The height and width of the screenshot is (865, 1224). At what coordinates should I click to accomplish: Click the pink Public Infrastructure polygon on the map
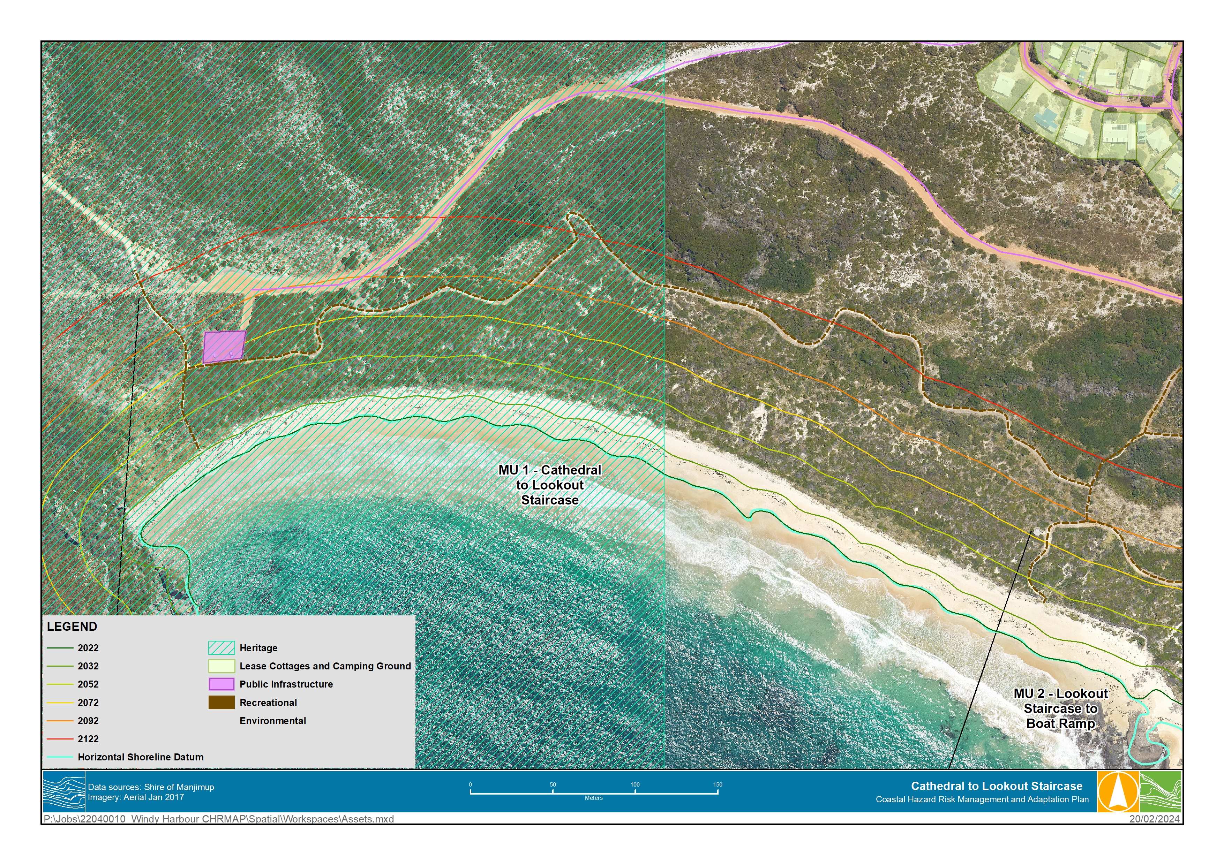[x=224, y=347]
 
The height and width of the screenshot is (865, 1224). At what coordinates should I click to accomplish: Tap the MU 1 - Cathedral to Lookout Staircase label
[x=550, y=485]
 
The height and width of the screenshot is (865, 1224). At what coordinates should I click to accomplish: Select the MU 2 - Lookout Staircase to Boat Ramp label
[x=1060, y=708]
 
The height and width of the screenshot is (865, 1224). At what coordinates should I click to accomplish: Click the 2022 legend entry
[x=88, y=648]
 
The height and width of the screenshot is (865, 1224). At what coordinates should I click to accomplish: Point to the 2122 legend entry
[x=88, y=739]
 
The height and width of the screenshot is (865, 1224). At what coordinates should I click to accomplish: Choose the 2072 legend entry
[x=88, y=703]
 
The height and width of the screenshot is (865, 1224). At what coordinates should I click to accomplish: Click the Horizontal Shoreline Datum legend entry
[x=140, y=757]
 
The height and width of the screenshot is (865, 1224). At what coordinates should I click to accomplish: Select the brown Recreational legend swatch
[x=221, y=703]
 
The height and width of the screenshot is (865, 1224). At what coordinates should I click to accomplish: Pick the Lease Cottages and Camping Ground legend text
[x=325, y=666]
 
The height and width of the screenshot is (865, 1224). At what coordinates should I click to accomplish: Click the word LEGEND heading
[x=72, y=627]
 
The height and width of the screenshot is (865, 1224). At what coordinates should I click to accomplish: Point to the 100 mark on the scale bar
[x=635, y=785]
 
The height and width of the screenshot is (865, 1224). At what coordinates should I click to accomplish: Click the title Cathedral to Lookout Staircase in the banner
[x=996, y=786]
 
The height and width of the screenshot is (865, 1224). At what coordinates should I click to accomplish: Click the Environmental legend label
[x=272, y=721]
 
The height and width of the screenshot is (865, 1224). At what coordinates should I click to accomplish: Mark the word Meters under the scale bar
[x=593, y=798]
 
